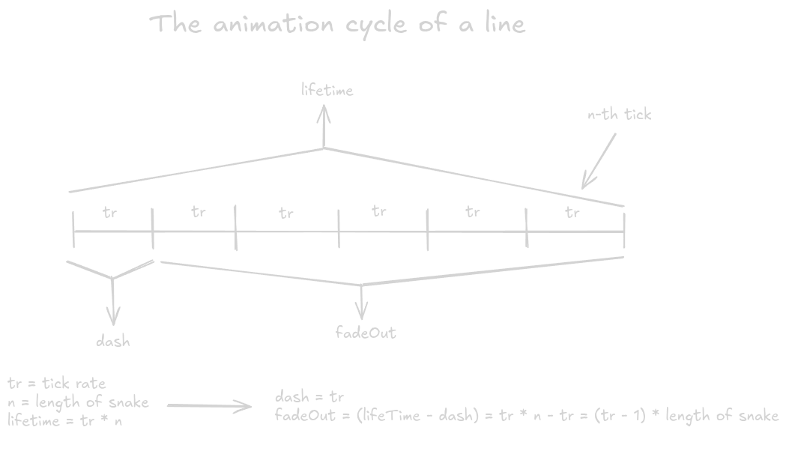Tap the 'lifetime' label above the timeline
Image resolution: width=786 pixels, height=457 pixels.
coord(327,91)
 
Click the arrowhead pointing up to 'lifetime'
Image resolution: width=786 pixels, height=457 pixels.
coord(324,114)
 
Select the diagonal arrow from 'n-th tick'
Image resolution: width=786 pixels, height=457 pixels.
coord(599,160)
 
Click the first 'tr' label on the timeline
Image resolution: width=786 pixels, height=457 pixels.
coord(110,212)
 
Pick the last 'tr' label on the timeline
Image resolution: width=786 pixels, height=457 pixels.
coord(572,213)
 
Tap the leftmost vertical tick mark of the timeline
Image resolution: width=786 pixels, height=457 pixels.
coord(73,230)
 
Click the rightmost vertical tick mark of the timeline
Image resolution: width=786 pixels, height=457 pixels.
coord(624,230)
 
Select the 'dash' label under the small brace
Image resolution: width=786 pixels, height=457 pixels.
coord(113,342)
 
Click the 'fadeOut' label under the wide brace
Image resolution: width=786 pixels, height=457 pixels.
coord(366,332)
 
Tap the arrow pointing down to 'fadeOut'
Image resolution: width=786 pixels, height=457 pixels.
coord(363,303)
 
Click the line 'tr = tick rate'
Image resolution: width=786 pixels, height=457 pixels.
coord(57,384)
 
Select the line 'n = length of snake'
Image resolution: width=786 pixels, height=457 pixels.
coord(78,402)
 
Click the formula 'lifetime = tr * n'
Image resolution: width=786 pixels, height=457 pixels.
coord(65,420)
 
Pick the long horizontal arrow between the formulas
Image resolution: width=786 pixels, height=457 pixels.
coord(209,406)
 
